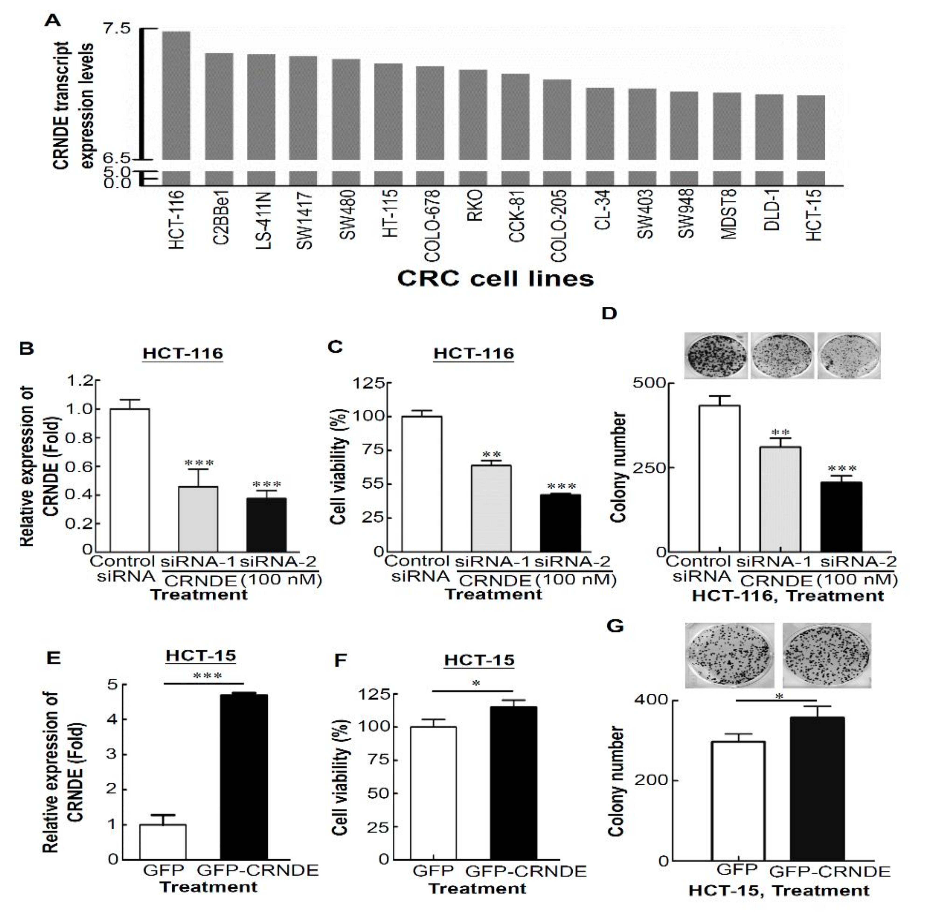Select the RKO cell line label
[474, 206]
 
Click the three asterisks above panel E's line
[207, 676]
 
